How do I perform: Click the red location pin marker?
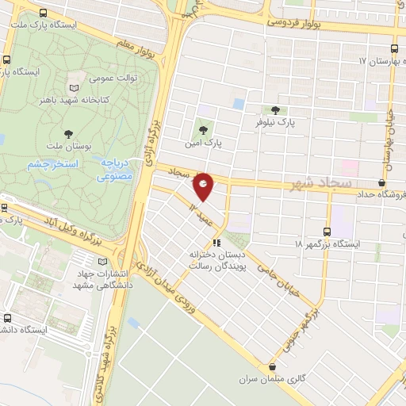204,186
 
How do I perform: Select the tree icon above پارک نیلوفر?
275,110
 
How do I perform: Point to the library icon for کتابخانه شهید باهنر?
75,87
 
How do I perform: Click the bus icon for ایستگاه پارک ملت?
41,13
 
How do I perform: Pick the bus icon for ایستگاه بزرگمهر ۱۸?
328,232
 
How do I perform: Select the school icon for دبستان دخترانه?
216,243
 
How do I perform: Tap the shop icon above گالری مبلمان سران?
274,366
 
